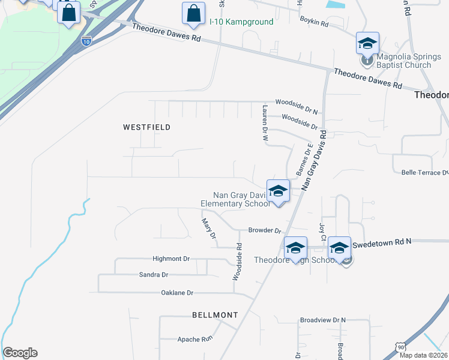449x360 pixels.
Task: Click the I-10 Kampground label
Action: (x=241, y=22)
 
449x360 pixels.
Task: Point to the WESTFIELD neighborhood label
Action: (x=147, y=127)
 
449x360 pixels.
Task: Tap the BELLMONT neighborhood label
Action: (x=215, y=314)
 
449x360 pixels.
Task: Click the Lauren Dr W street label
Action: (x=265, y=122)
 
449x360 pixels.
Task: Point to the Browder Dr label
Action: (x=265, y=230)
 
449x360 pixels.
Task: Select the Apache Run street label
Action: (x=195, y=339)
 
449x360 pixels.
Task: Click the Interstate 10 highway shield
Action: (x=87, y=41)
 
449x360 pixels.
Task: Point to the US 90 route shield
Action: (x=400, y=347)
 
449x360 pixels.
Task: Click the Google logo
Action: (x=20, y=353)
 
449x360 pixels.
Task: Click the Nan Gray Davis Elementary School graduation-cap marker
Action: (x=278, y=191)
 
